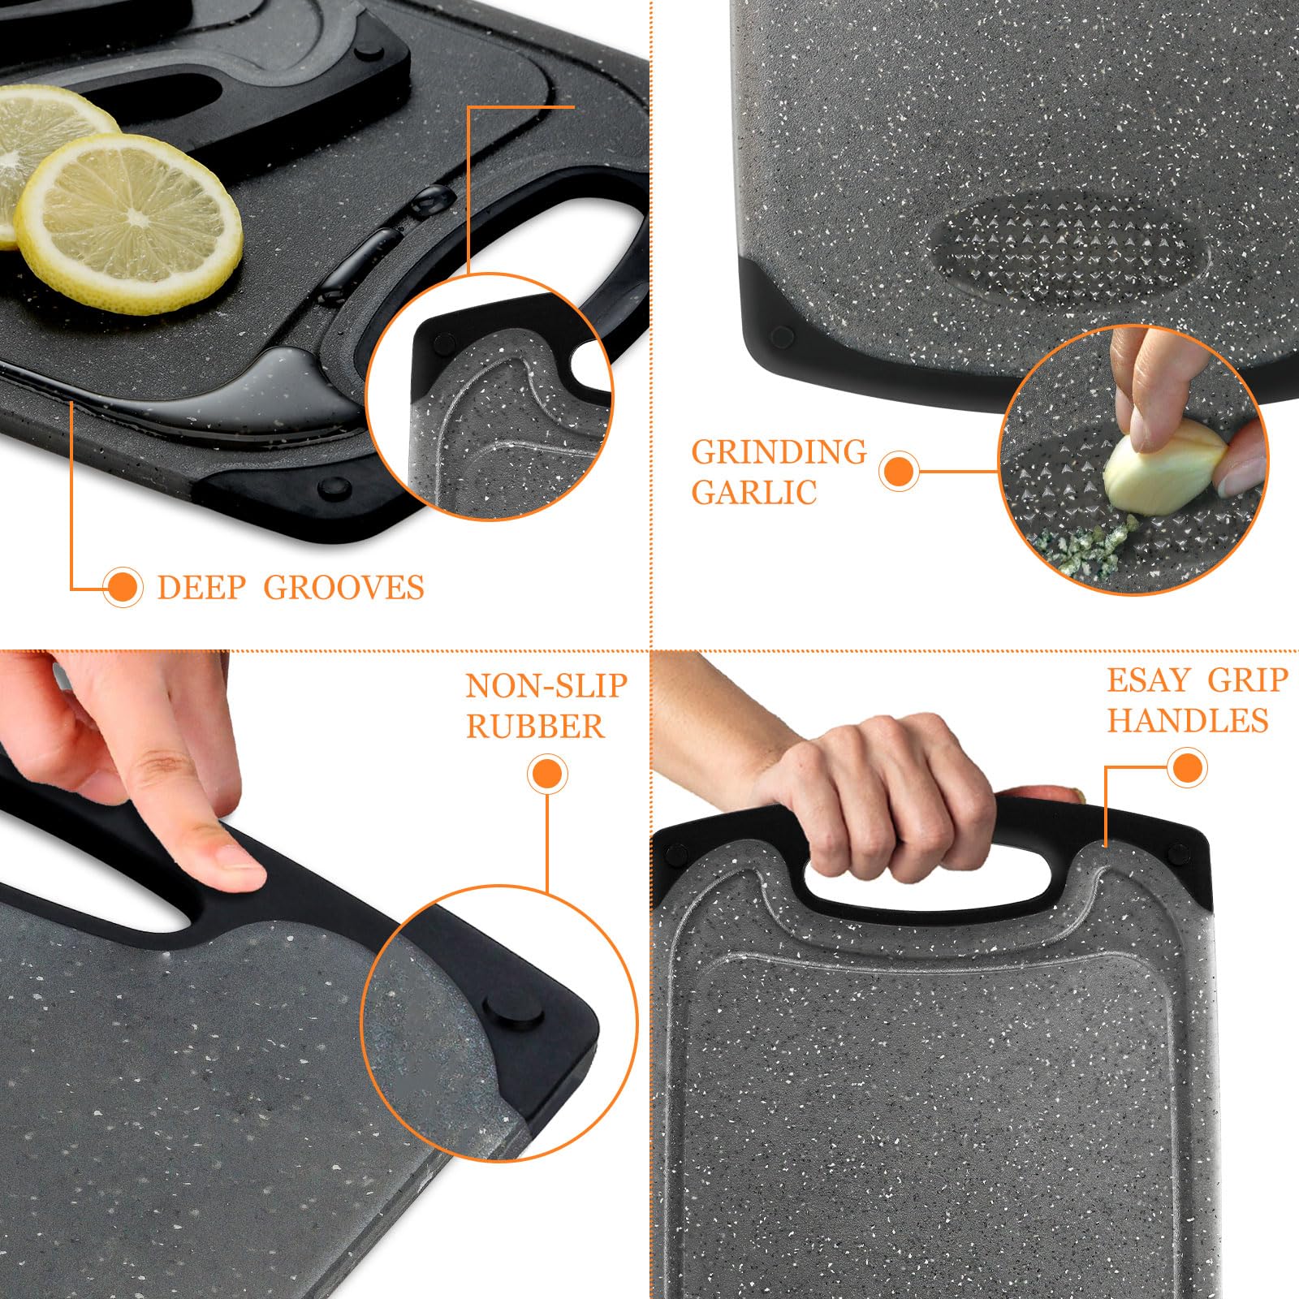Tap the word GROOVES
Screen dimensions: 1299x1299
click(343, 587)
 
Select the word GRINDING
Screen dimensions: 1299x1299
click(779, 452)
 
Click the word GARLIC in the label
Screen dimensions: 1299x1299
click(753, 492)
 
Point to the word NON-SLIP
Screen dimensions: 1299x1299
click(546, 686)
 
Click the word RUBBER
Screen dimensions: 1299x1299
click(535, 726)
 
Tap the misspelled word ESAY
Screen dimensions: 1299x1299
click(1149, 680)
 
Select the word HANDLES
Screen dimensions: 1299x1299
click(1188, 720)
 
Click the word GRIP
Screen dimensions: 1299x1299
click(1248, 680)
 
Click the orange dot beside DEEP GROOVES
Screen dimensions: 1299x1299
click(123, 586)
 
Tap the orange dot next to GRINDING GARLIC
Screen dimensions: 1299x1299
click(899, 471)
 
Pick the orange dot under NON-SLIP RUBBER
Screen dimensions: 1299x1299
click(547, 775)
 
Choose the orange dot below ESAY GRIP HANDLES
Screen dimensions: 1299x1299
click(1187, 767)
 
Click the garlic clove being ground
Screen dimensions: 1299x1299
click(1163, 468)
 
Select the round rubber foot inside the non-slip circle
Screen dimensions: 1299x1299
click(513, 1012)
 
